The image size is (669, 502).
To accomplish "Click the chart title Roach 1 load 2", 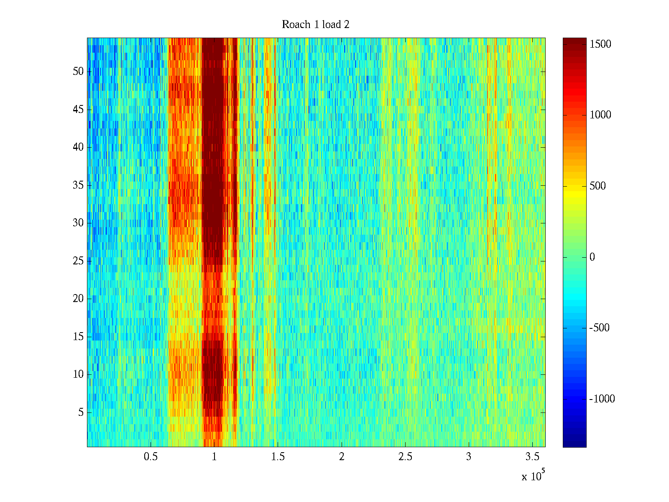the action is coord(315,24).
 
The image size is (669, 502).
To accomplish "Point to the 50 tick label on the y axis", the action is coord(78,71).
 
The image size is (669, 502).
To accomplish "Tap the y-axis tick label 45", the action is coord(78,110).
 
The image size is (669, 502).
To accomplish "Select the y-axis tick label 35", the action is coord(78,185).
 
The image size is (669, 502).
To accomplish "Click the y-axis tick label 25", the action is coord(78,261).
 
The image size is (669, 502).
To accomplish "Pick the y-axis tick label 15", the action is coord(78,336).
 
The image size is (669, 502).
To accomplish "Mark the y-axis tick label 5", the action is coord(81,412).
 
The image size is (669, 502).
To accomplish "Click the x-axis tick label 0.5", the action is coord(151,456).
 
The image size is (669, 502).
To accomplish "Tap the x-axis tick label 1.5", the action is coord(278,456).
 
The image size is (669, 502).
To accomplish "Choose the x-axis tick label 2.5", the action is coord(405,456).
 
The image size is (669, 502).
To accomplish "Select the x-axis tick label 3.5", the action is coord(532,456).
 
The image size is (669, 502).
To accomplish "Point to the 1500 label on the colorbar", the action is coord(600,44).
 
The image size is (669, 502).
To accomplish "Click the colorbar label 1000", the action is coord(600,115).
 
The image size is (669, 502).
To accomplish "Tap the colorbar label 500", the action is coord(598,186).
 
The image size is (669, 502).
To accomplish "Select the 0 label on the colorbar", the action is coord(592,257).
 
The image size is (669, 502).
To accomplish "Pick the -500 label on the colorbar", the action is coord(599,328).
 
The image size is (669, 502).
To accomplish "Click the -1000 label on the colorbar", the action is coord(602,399).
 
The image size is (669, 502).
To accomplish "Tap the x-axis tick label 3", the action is coord(468,456).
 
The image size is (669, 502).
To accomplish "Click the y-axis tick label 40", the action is coord(78,147).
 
